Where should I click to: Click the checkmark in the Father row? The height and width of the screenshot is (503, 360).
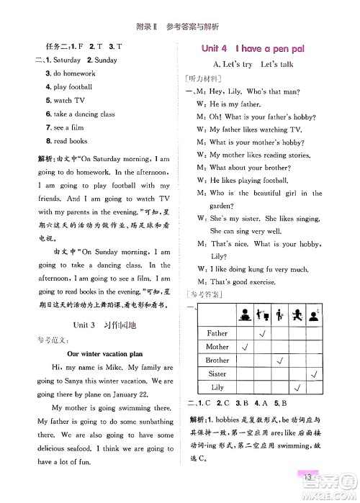pyautogui.click(x=264, y=333)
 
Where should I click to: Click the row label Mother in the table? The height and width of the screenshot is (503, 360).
pyautogui.click(x=217, y=347)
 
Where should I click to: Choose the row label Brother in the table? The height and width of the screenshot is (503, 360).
pyautogui.click(x=217, y=361)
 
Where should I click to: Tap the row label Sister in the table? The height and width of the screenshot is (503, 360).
pyautogui.click(x=217, y=374)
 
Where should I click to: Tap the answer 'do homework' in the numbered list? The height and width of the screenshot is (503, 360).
pyautogui.click(x=70, y=73)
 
